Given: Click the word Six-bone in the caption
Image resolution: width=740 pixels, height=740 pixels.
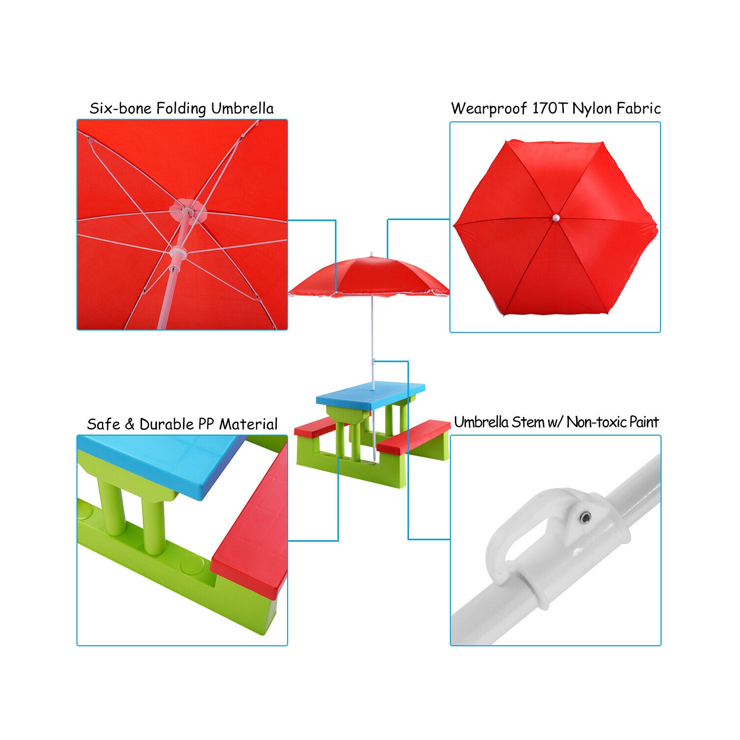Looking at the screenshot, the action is pos(120,108).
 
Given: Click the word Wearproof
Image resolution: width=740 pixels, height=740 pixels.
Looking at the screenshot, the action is pos(489,109).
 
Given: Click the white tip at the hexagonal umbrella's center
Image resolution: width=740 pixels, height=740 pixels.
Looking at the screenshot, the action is pos(556,218).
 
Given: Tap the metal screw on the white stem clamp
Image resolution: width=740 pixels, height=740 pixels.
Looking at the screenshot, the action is pos(585,517).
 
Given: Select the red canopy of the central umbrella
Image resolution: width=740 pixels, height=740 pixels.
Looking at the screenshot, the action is pos(369,277).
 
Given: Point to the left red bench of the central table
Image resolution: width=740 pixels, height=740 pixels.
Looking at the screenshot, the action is pos(321,426).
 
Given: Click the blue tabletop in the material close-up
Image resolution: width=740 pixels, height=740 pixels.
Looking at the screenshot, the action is pos(158,464).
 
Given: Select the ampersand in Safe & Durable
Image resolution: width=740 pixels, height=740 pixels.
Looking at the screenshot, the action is pos(129,424).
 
